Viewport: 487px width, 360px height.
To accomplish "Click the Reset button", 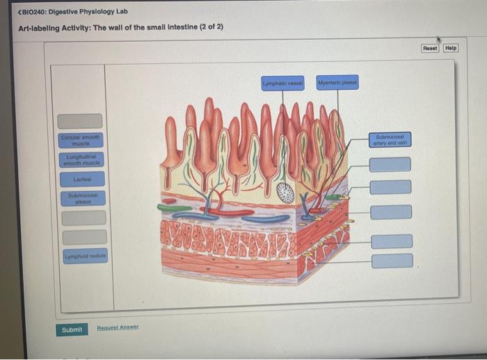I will click(430, 48).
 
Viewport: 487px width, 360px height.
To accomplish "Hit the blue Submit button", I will click(72, 329).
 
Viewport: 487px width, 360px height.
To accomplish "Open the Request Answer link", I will click(118, 327).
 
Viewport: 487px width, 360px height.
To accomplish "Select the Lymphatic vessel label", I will click(282, 82).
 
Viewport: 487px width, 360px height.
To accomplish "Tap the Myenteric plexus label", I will click(337, 82).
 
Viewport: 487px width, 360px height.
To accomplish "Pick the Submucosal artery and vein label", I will click(391, 139).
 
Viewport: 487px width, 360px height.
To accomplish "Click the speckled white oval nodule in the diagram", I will click(285, 192).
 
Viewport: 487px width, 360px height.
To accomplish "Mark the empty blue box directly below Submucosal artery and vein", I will click(390, 165).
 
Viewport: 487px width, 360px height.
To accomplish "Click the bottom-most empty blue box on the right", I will click(390, 260).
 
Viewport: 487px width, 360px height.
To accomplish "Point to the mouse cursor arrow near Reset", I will click(438, 39).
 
